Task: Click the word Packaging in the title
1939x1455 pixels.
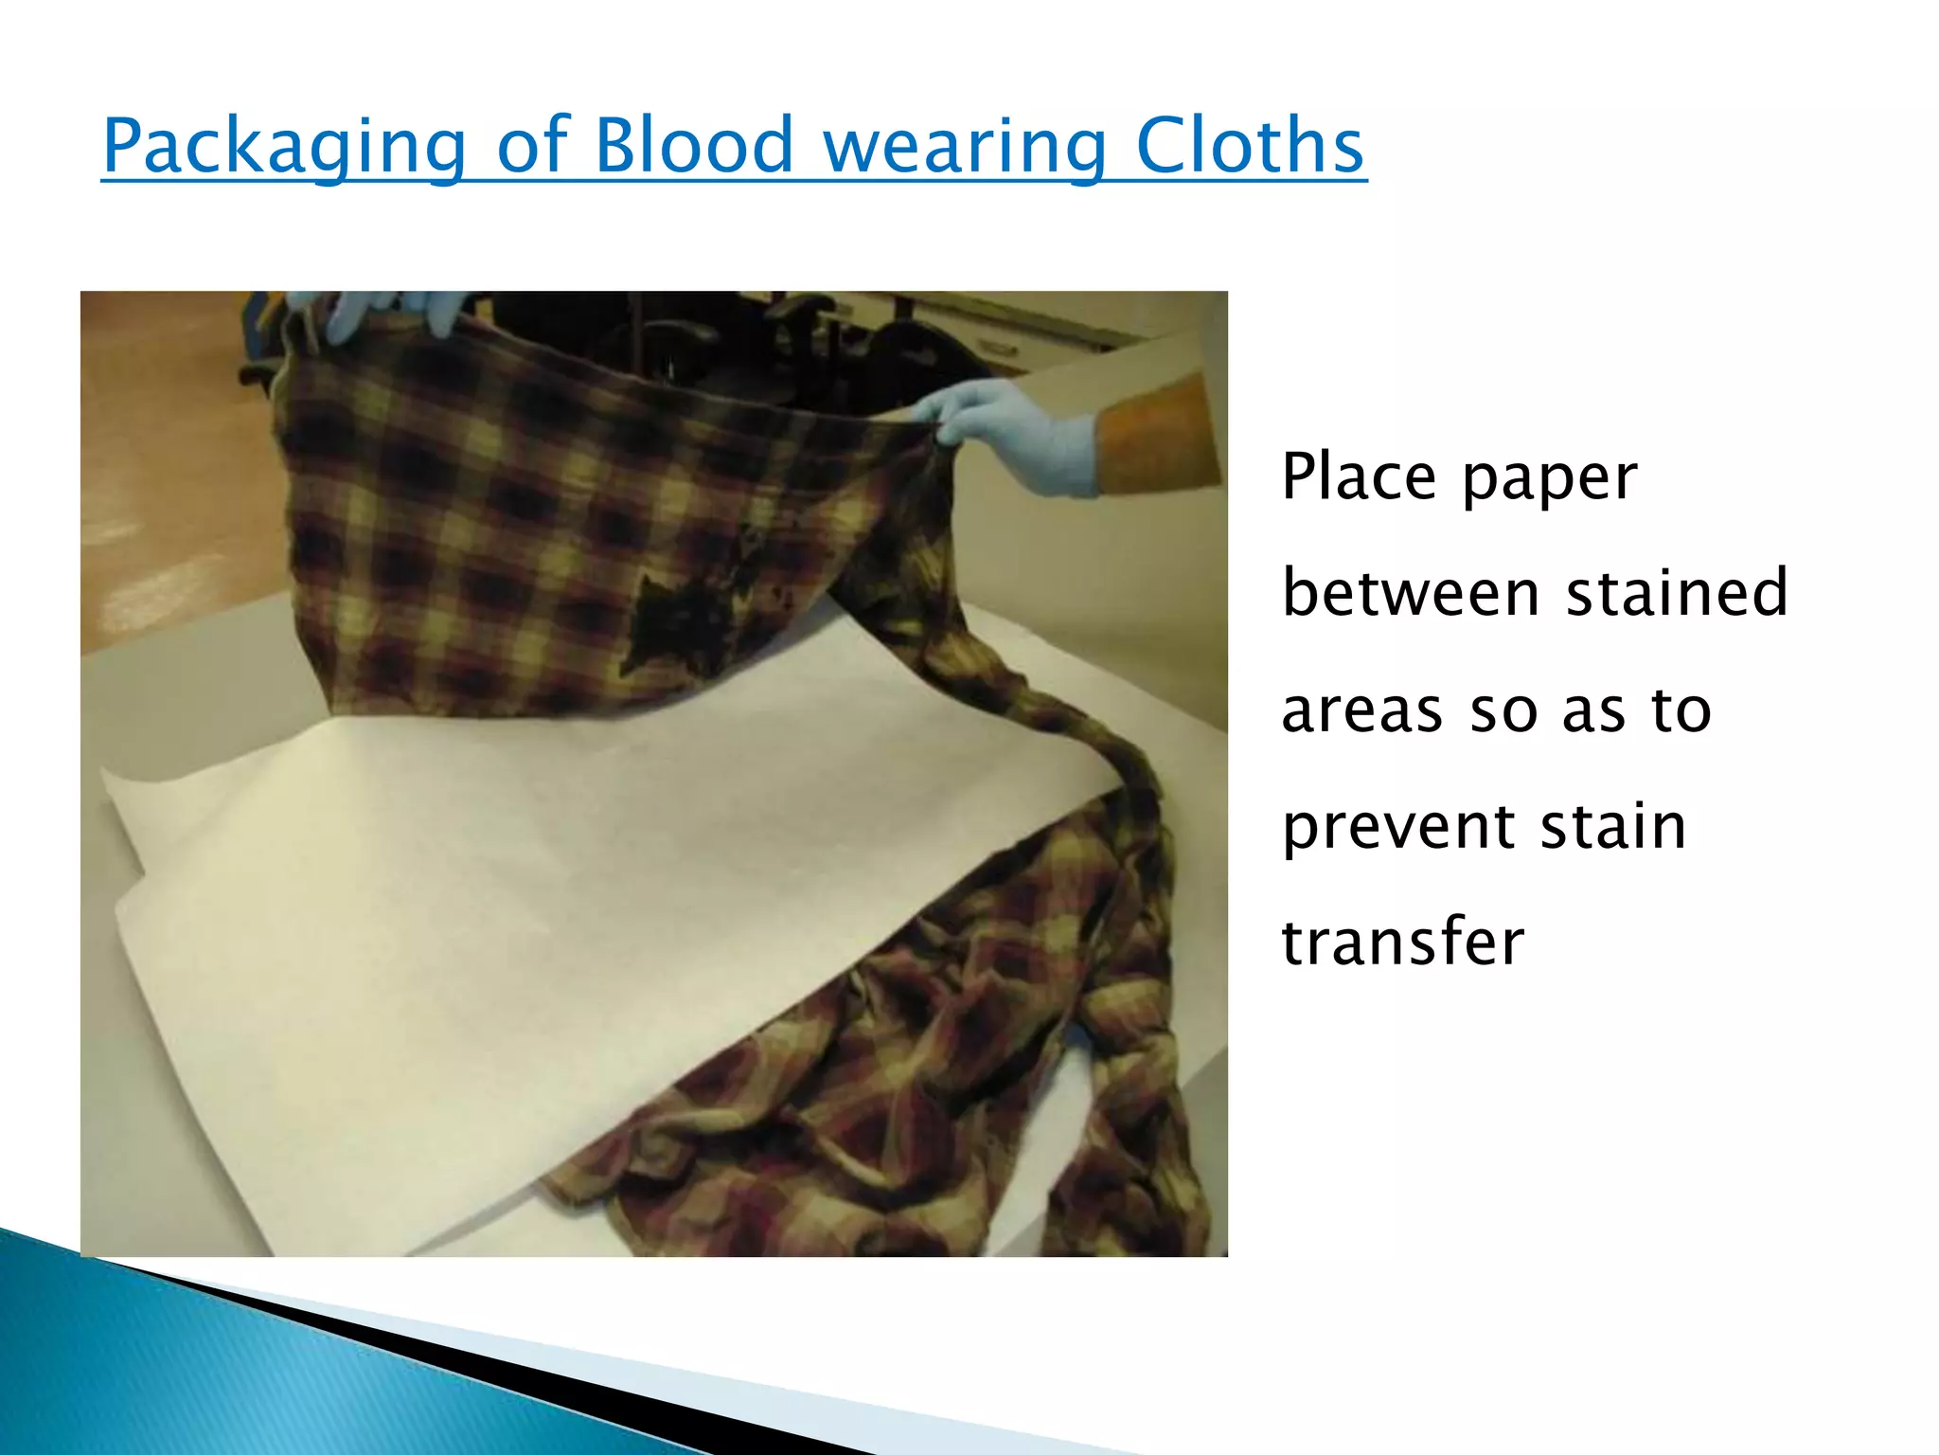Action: click(284, 147)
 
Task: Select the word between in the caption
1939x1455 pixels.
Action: click(1411, 593)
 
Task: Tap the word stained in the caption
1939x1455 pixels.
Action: click(1677, 593)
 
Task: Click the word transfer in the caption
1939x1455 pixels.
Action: click(1402, 942)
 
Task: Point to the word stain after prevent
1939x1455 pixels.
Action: click(1613, 826)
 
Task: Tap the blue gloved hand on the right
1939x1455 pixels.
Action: click(1023, 436)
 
